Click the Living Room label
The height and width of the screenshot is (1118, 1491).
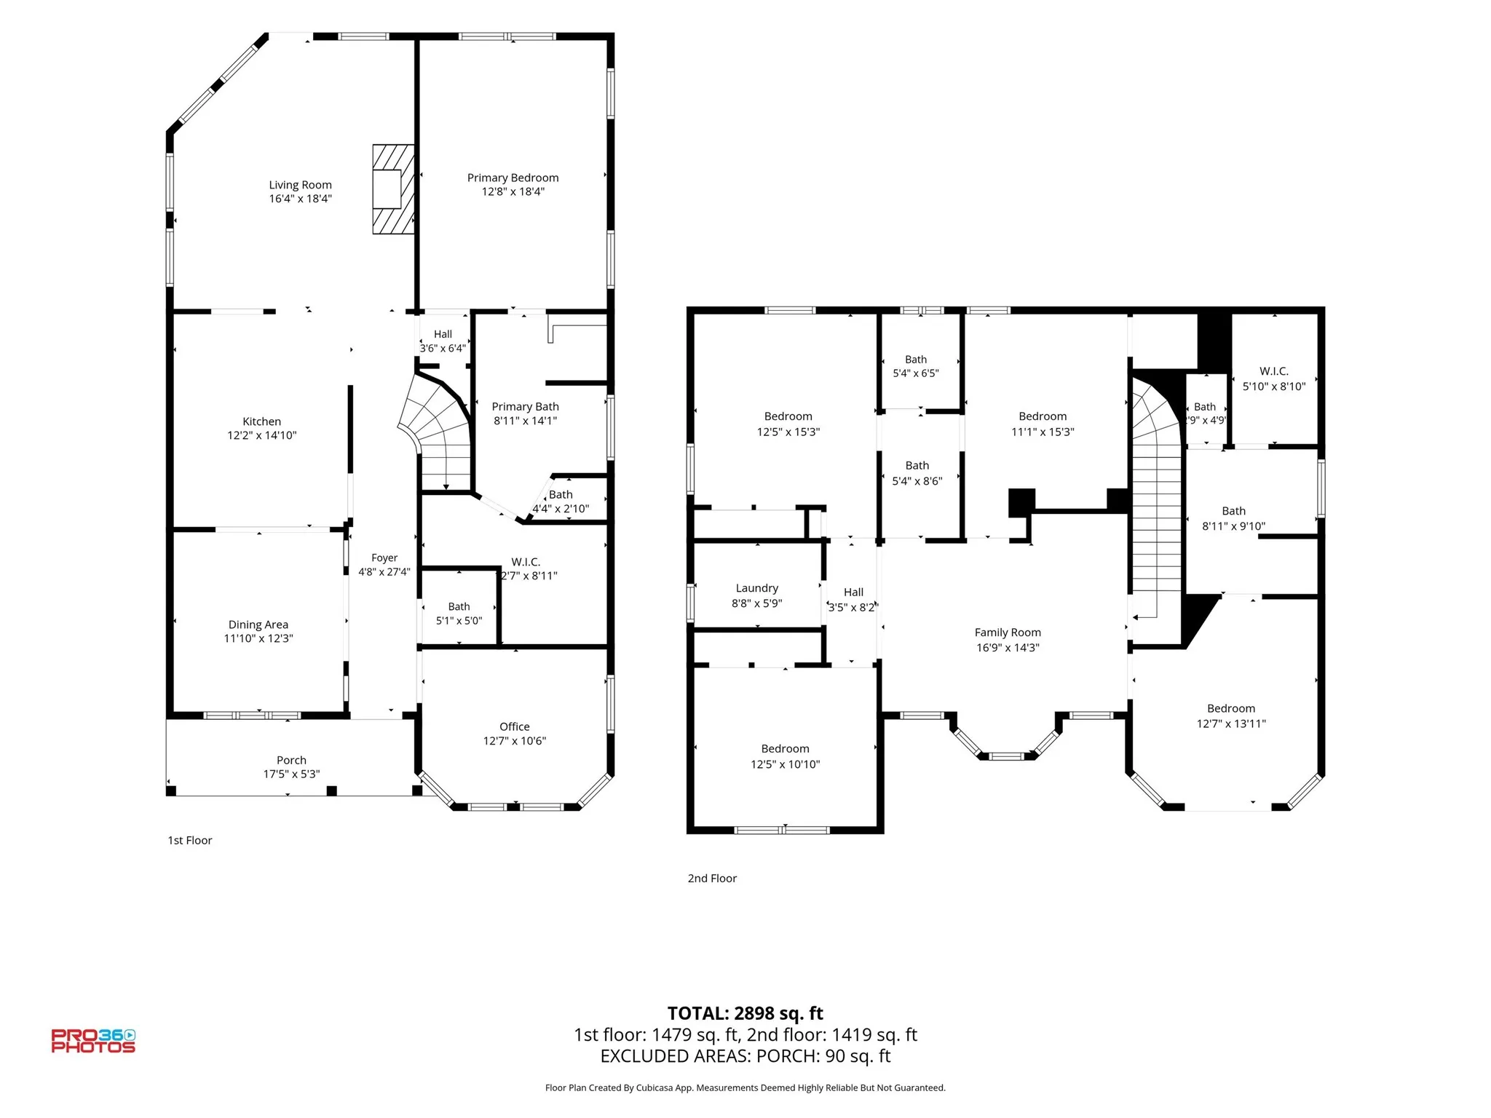click(300, 185)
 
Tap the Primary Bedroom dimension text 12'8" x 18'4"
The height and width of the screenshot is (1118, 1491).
click(513, 191)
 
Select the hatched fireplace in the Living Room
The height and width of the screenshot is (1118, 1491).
click(394, 189)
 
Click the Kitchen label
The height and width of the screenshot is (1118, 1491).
click(261, 421)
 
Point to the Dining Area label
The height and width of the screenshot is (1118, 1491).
click(258, 625)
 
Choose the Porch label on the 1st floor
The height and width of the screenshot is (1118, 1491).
click(291, 760)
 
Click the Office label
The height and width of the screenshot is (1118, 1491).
click(515, 726)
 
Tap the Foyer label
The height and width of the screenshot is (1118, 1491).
click(384, 558)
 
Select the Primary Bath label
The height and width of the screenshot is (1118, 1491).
click(525, 407)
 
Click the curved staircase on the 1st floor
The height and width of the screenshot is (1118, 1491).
click(437, 433)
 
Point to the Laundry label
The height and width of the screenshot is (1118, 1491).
click(757, 588)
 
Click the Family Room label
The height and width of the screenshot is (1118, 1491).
click(1008, 633)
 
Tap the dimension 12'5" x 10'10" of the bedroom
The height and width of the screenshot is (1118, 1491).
click(785, 764)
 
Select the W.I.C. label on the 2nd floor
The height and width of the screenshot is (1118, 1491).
click(1274, 371)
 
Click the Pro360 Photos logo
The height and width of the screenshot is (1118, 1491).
click(93, 1041)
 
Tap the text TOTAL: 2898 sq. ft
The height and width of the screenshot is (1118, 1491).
click(745, 1013)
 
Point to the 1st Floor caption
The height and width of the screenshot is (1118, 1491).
click(190, 840)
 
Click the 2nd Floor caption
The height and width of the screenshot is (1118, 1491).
click(712, 879)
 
